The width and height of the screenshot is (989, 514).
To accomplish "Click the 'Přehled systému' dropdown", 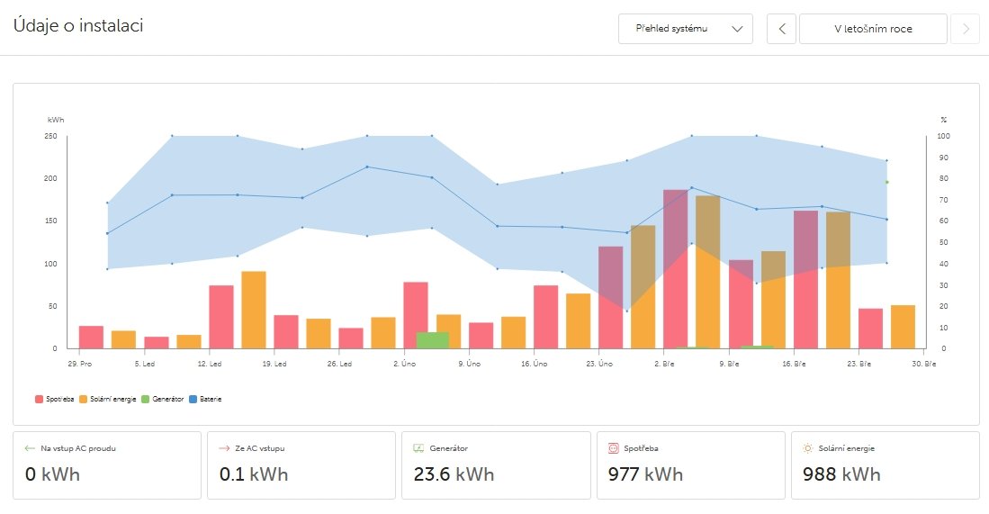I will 685,29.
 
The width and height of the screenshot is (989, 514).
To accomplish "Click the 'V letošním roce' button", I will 873,29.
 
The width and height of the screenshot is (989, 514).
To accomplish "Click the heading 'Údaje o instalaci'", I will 78,25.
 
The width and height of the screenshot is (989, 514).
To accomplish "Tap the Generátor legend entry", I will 163,398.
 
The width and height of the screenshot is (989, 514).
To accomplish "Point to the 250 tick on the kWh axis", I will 51,136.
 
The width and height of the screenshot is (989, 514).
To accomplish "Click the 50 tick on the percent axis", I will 943,242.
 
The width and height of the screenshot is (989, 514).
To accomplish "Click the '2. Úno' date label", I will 404,364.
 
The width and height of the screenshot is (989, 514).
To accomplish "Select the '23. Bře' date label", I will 859,364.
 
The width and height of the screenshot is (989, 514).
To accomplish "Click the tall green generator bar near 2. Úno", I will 432,340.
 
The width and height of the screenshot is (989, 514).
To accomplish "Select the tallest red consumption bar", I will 676,269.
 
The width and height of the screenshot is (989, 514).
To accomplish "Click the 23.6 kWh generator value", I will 454,474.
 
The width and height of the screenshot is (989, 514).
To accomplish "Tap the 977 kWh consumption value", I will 645,474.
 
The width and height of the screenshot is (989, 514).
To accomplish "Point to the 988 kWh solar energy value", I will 841,474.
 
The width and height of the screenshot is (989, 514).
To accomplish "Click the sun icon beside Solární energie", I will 808,447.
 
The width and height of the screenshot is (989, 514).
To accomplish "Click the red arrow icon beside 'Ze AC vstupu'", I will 225,447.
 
